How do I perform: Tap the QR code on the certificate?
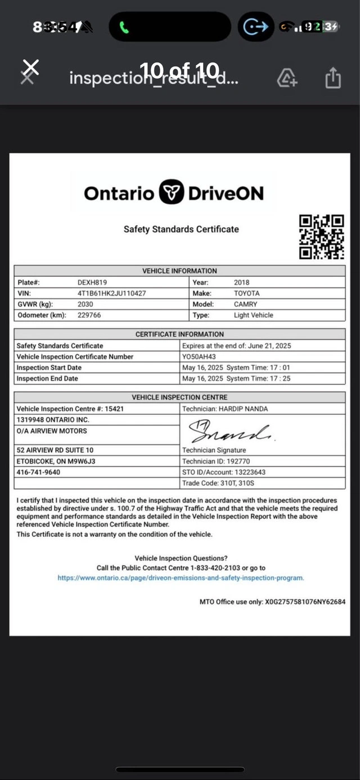tap(321, 237)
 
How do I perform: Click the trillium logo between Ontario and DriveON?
tap(172, 193)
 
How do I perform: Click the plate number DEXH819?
tap(92, 283)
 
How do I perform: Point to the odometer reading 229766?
tap(89, 315)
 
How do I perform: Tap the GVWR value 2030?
tap(85, 304)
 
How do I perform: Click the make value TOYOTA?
tap(247, 293)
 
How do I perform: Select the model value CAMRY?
tap(246, 304)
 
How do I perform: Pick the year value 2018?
tap(241, 283)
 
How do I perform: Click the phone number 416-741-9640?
tap(38, 472)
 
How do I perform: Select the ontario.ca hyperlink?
tap(181, 578)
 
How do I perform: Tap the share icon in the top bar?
tap(333, 78)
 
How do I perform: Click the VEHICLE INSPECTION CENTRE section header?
tap(180, 397)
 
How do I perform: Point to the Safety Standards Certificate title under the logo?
tap(181, 229)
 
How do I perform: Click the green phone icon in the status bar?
tap(124, 27)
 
